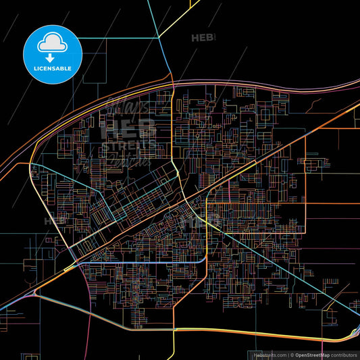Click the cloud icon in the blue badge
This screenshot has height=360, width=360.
53,42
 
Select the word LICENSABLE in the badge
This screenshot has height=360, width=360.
53,69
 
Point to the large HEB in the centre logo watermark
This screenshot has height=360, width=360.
128,128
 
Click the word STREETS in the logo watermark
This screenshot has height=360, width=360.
128,145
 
